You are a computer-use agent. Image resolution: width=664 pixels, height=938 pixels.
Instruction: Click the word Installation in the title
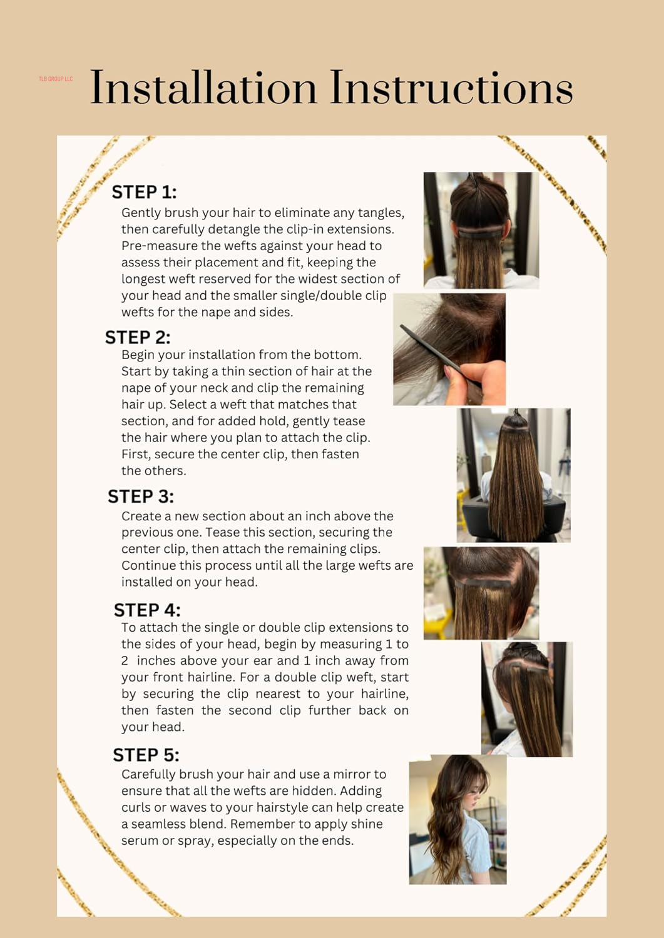[203, 88]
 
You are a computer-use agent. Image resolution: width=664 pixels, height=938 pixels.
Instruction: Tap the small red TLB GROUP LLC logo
[56, 79]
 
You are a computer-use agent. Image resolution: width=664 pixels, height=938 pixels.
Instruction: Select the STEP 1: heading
[144, 192]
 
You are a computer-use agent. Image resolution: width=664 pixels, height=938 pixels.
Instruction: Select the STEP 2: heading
[138, 338]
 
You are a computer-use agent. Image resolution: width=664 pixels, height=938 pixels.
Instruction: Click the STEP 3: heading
[141, 497]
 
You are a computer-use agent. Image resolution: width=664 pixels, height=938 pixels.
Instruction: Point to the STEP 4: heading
[147, 610]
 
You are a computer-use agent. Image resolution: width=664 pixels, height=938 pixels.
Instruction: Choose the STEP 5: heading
[146, 755]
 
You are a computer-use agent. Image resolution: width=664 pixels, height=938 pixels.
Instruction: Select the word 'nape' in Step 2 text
[136, 388]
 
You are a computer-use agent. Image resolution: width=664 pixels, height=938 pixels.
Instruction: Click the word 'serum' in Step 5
[140, 841]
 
